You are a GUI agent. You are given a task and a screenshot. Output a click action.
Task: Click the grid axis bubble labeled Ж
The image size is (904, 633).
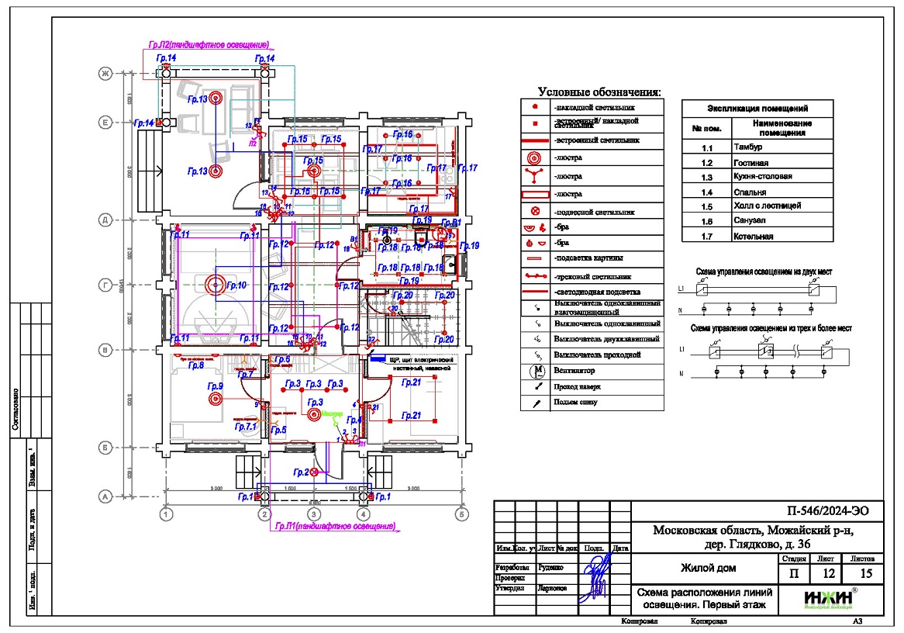point(102,74)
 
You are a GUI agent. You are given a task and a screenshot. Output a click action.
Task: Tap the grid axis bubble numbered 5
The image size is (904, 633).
point(461,514)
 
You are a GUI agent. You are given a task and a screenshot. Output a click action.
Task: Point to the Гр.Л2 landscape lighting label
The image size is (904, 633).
point(209,46)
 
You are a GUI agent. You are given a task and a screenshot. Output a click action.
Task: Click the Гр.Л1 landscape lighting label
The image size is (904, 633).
point(335,527)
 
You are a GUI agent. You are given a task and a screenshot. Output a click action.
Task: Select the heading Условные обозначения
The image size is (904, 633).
point(600,92)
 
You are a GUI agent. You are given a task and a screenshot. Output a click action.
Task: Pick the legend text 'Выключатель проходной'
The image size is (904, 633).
point(602,355)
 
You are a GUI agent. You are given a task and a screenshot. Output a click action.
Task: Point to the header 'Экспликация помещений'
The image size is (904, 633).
point(757,109)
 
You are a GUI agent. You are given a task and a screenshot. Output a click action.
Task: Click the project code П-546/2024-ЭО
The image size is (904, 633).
point(823,510)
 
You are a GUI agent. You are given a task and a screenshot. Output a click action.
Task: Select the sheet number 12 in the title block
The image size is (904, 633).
point(827,574)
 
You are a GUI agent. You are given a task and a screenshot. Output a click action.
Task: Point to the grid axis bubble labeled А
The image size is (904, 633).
point(102,496)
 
